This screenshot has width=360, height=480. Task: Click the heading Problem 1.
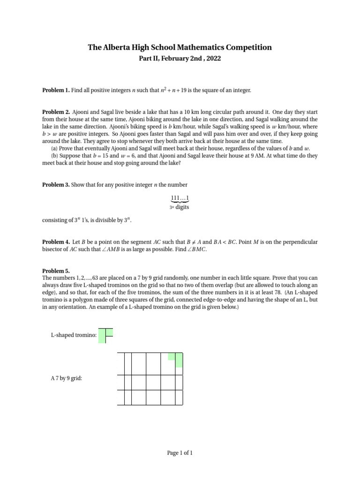[56, 90]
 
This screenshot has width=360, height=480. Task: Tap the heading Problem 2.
[56, 112]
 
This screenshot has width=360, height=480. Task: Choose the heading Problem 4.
[56, 242]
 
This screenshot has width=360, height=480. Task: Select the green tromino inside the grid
[177, 359]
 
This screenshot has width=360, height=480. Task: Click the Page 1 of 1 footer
[180, 453]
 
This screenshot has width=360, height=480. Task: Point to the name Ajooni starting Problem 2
[82, 112]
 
